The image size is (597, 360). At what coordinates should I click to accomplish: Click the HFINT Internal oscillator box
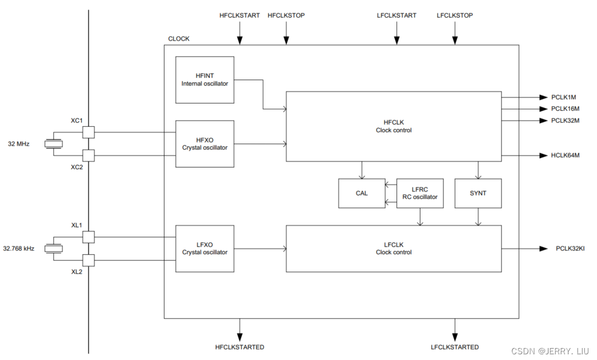click(x=205, y=79)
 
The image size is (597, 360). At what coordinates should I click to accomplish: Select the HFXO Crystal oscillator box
click(x=205, y=143)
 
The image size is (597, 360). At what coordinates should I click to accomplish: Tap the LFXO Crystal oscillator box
click(x=205, y=248)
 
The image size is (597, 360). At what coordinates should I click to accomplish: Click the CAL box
click(x=362, y=193)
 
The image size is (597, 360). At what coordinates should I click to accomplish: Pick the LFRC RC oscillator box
click(x=420, y=193)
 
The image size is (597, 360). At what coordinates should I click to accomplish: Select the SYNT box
click(x=478, y=193)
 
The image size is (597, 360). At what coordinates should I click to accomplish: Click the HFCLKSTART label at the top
click(x=239, y=15)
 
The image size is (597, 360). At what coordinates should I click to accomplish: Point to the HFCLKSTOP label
click(x=286, y=15)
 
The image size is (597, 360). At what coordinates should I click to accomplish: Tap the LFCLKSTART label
click(x=396, y=15)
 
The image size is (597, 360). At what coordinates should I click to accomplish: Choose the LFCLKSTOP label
click(x=455, y=15)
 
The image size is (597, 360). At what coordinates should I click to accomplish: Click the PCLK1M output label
click(x=563, y=98)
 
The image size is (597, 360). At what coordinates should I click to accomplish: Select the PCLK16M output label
click(x=565, y=109)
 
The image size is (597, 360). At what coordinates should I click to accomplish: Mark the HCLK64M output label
click(x=565, y=155)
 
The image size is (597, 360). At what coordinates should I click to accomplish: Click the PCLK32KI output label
click(x=570, y=249)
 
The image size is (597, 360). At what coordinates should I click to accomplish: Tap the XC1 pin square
click(x=88, y=132)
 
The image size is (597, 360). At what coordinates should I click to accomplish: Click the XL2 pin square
click(x=88, y=260)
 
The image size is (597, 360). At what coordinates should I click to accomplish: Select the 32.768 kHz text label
click(x=19, y=249)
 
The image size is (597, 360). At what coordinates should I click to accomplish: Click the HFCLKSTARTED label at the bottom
click(x=239, y=347)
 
